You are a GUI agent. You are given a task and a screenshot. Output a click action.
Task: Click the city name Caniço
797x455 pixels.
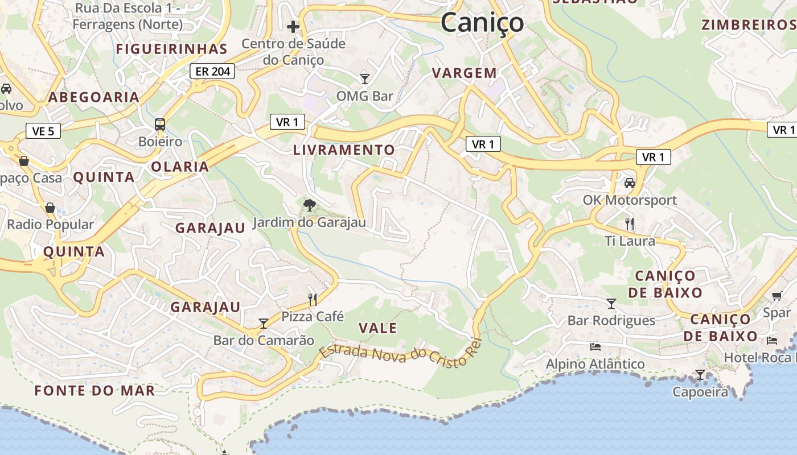(x=482, y=23)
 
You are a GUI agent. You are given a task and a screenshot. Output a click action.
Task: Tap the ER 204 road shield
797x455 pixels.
(x=213, y=71)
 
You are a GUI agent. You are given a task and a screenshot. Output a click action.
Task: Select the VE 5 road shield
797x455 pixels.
(x=43, y=131)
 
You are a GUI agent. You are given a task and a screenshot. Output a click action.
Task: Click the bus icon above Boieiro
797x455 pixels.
(x=160, y=124)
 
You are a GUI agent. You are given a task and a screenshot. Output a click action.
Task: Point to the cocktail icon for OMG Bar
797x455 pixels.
(x=365, y=78)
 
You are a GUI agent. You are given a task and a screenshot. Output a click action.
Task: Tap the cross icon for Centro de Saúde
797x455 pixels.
(x=293, y=27)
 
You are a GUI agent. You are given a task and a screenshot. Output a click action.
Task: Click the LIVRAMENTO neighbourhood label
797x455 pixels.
(x=344, y=150)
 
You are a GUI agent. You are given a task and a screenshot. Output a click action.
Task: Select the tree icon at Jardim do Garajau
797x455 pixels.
(x=310, y=205)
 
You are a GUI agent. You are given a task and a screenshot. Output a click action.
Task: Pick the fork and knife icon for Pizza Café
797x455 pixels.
(x=312, y=299)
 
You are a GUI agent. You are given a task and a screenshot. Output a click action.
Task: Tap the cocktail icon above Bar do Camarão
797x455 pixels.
(x=263, y=324)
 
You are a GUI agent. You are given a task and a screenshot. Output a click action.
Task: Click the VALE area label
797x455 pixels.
(x=378, y=328)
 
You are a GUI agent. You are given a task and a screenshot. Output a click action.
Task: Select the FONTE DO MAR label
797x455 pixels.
(x=95, y=391)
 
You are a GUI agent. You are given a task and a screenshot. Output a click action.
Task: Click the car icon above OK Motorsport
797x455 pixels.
(x=630, y=183)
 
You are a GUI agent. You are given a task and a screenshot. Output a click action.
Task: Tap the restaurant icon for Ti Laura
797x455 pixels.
(x=630, y=224)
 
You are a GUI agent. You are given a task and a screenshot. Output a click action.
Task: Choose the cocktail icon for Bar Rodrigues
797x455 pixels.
(x=611, y=304)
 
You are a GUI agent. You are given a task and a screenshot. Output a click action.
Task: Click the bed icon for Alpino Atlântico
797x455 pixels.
(x=595, y=346)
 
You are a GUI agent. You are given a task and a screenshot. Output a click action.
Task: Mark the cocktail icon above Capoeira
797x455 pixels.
(x=700, y=375)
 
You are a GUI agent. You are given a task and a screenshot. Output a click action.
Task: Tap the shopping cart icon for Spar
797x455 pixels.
(x=777, y=296)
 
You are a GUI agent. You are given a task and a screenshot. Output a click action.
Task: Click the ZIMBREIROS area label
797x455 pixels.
(x=749, y=25)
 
